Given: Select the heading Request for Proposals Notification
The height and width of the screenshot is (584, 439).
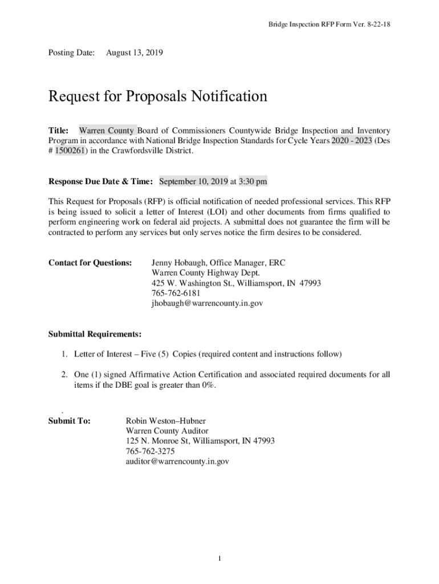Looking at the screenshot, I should point(157,96).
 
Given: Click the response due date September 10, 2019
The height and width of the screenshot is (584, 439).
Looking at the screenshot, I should point(193,181).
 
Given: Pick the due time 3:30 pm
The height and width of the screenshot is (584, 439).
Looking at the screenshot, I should point(253,181).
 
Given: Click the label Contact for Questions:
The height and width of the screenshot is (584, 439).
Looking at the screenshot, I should point(90,263).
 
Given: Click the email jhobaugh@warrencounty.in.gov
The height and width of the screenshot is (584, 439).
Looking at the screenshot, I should point(207,303).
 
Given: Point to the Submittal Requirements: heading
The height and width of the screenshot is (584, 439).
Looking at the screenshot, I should point(95,334).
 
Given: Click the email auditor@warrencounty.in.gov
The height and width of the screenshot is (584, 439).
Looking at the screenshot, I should point(177,461).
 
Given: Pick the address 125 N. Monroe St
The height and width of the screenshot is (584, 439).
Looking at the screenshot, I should point(157,441).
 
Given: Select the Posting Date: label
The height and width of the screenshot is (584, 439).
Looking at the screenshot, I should point(71,53).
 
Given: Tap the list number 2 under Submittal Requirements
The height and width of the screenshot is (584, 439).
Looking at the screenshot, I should point(65,375).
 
